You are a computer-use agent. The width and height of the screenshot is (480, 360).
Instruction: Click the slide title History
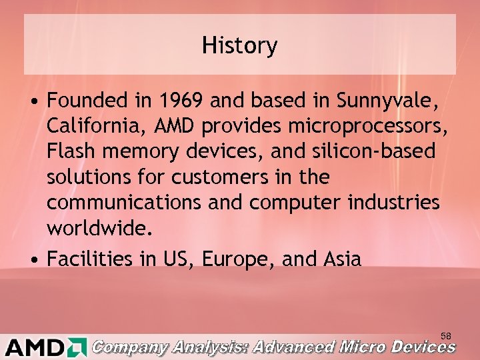click(x=240, y=46)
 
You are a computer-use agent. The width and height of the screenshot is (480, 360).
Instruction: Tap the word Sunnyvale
click(x=387, y=101)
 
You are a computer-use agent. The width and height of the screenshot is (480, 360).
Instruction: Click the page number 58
click(x=446, y=335)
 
